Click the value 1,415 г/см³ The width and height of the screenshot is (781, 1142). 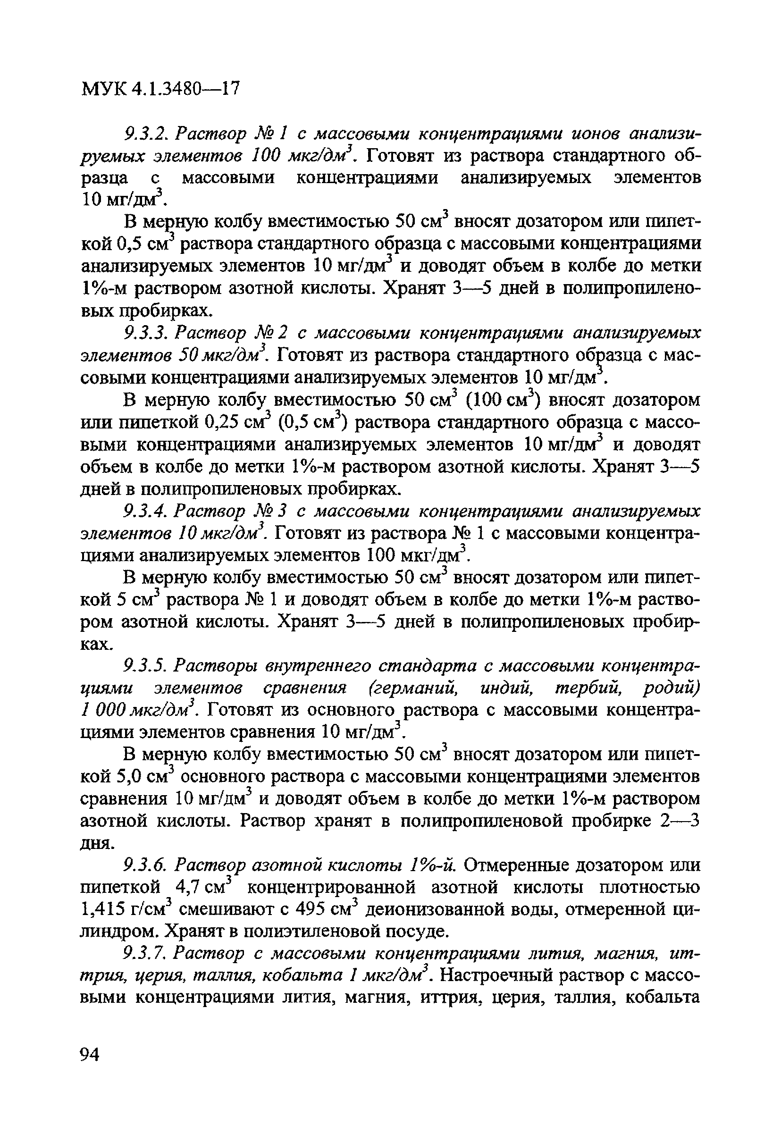click(x=126, y=909)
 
